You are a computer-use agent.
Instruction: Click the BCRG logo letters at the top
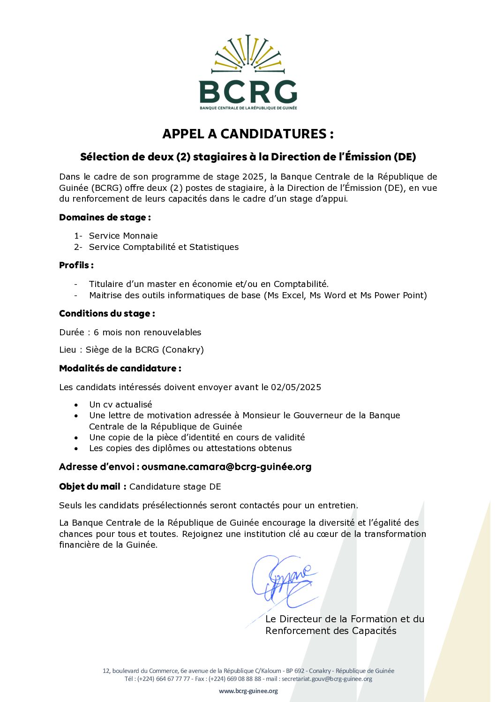(248, 92)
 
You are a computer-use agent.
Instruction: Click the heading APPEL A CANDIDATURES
(248, 134)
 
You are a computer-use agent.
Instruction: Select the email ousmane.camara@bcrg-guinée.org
(226, 467)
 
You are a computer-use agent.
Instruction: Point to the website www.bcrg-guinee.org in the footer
(248, 691)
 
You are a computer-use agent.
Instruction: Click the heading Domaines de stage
(105, 218)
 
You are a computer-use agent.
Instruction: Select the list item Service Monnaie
(123, 236)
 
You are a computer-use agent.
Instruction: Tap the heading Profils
(76, 265)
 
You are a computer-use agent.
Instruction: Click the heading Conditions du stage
(107, 314)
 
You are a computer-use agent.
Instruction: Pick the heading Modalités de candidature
(120, 369)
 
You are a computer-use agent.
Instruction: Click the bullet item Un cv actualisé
(120, 405)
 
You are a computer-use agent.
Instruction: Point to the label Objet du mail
(90, 487)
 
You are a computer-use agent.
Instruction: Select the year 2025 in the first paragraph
(253, 177)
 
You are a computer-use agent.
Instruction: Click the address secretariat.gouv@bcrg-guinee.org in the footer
(327, 679)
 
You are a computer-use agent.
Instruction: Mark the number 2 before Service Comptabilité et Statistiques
(77, 247)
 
